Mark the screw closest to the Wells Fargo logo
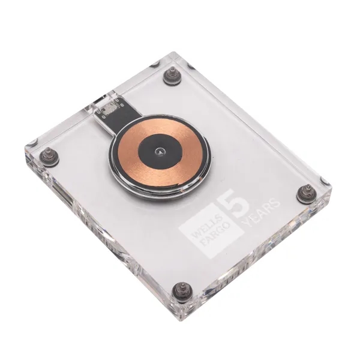[x=181, y=290]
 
